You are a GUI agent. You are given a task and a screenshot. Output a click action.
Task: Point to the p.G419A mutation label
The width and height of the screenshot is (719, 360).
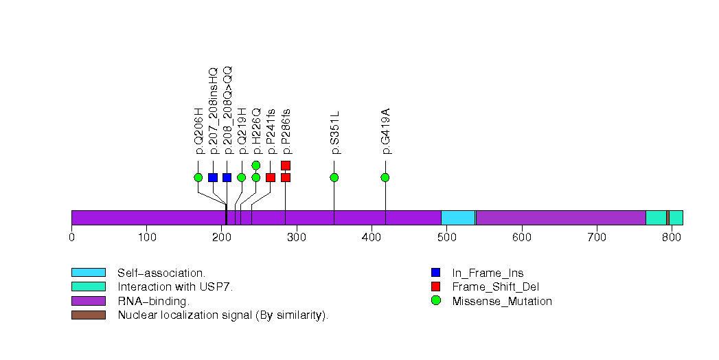[386, 131]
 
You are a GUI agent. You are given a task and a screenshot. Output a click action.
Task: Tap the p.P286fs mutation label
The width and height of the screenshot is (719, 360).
[286, 131]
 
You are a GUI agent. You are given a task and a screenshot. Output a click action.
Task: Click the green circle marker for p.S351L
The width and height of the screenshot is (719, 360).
[334, 177]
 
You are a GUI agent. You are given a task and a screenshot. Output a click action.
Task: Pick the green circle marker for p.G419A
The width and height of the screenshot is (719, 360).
[385, 177]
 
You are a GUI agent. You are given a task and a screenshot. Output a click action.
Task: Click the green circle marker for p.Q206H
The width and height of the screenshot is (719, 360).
[198, 177]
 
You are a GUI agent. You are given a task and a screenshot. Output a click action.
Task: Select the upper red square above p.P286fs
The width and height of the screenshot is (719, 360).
[286, 165]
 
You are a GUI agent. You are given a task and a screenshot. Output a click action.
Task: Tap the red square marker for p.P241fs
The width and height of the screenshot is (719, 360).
[271, 177]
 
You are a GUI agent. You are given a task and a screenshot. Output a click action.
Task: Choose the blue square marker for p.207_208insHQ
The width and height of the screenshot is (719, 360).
[213, 177]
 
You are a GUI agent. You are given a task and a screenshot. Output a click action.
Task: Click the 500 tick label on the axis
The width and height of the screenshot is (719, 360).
[446, 238]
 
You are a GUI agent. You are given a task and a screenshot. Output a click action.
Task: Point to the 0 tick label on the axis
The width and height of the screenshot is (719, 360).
[71, 238]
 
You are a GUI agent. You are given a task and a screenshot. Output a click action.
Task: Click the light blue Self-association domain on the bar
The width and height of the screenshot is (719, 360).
[458, 217]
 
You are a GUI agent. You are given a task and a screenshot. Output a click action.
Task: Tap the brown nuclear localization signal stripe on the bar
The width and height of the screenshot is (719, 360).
[667, 217]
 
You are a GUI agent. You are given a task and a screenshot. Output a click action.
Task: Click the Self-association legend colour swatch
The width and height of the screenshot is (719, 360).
[89, 273]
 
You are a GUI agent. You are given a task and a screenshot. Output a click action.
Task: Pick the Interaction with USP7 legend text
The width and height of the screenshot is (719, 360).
[175, 287]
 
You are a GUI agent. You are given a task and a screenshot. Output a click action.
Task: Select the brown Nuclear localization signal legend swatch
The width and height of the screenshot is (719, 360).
[89, 315]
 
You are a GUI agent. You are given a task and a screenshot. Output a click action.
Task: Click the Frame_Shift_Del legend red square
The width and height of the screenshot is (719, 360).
[435, 286]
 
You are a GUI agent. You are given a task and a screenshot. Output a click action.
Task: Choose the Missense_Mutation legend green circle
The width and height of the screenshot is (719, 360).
[435, 301]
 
